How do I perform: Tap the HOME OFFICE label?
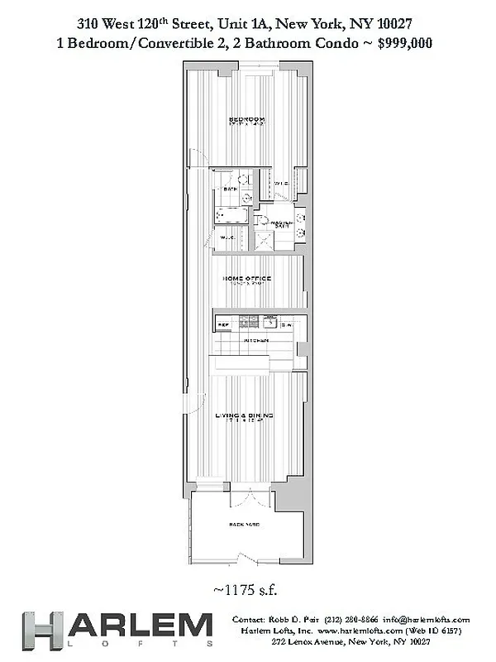(x=247, y=279)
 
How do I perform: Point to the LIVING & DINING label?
(x=245, y=415)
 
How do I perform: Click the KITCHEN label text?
(x=255, y=340)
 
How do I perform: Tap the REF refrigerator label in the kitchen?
(x=223, y=325)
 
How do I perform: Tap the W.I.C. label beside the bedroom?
(x=280, y=184)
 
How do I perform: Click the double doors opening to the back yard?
(x=246, y=501)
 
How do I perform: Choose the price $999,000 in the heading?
(x=405, y=42)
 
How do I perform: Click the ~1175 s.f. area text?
(x=246, y=590)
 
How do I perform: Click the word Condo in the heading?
(x=338, y=42)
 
